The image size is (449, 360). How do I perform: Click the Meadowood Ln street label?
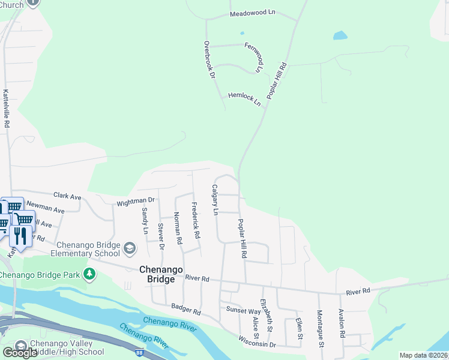click(253, 13)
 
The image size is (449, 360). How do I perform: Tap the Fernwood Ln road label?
click(255, 56)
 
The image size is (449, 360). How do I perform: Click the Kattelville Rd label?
click(7, 108)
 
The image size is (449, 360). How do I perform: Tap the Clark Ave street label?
click(67, 196)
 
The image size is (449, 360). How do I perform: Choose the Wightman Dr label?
click(136, 200)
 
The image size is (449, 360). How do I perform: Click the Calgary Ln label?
click(214, 200)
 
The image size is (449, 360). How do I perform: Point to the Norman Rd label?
click(178, 227)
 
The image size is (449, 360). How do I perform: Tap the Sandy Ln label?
click(145, 220)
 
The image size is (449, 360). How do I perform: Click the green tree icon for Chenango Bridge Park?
click(89, 274)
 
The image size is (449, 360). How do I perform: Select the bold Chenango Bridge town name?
click(161, 270)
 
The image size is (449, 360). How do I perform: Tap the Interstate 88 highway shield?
click(140, 353)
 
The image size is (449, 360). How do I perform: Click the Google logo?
click(20, 352)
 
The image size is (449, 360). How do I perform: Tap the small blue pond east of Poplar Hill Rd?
click(340, 35)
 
